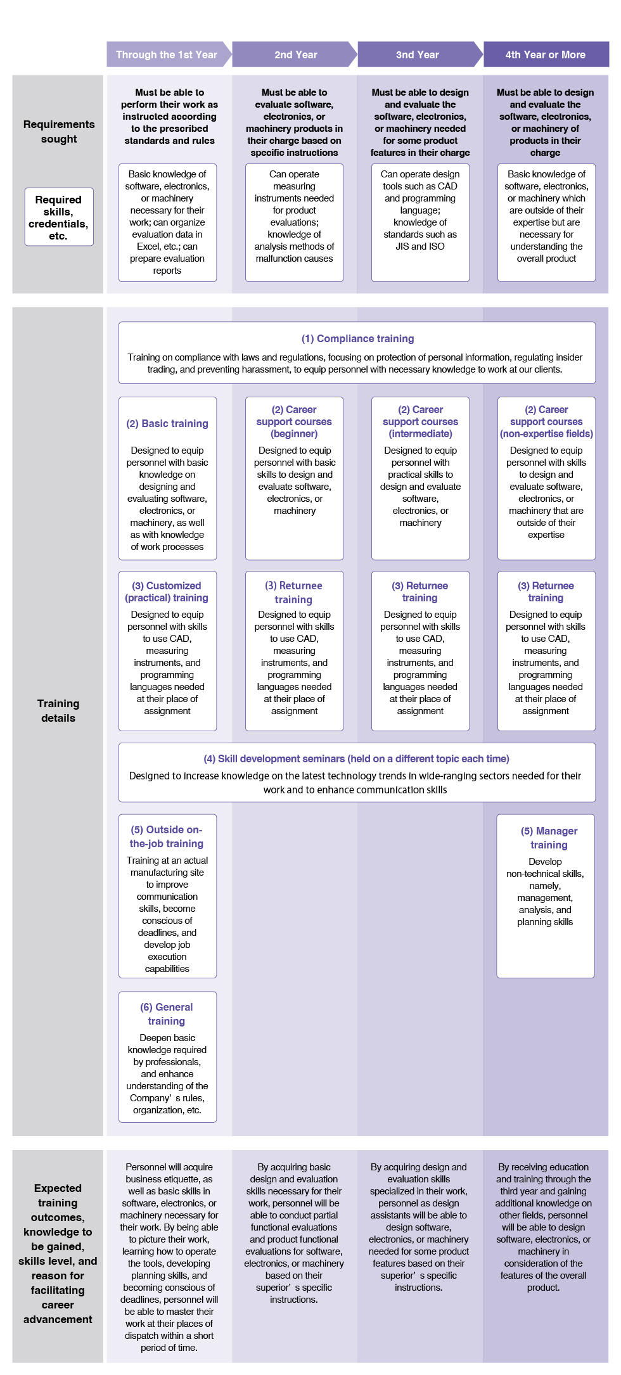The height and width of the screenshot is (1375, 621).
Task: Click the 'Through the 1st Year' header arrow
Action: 167,54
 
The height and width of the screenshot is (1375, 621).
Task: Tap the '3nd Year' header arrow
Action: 418,54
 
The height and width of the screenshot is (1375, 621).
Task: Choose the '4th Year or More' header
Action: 546,54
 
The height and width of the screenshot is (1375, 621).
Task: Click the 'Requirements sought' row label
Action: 59,131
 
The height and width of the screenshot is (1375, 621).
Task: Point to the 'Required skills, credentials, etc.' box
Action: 58,217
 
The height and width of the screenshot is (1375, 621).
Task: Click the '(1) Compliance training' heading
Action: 357,338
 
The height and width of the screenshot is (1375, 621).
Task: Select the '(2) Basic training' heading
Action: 167,423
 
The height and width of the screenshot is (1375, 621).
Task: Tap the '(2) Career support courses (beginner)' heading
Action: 294,421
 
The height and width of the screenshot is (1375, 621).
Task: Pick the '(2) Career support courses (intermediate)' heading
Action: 420,421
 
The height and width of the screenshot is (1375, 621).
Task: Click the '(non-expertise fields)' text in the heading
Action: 546,433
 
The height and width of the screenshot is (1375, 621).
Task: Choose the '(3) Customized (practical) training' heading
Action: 167,591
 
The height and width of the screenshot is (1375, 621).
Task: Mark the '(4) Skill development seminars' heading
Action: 356,758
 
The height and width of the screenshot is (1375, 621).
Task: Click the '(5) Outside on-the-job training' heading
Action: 167,836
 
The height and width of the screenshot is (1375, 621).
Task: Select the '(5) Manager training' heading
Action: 549,838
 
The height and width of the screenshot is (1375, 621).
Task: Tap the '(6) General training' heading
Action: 167,1014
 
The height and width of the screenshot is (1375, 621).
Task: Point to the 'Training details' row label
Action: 58,710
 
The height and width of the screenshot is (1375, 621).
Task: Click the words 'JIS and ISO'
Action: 420,246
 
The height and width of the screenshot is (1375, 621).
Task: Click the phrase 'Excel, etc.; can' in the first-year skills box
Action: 167,246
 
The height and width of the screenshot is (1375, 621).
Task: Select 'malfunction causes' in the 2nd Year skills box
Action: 294,258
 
